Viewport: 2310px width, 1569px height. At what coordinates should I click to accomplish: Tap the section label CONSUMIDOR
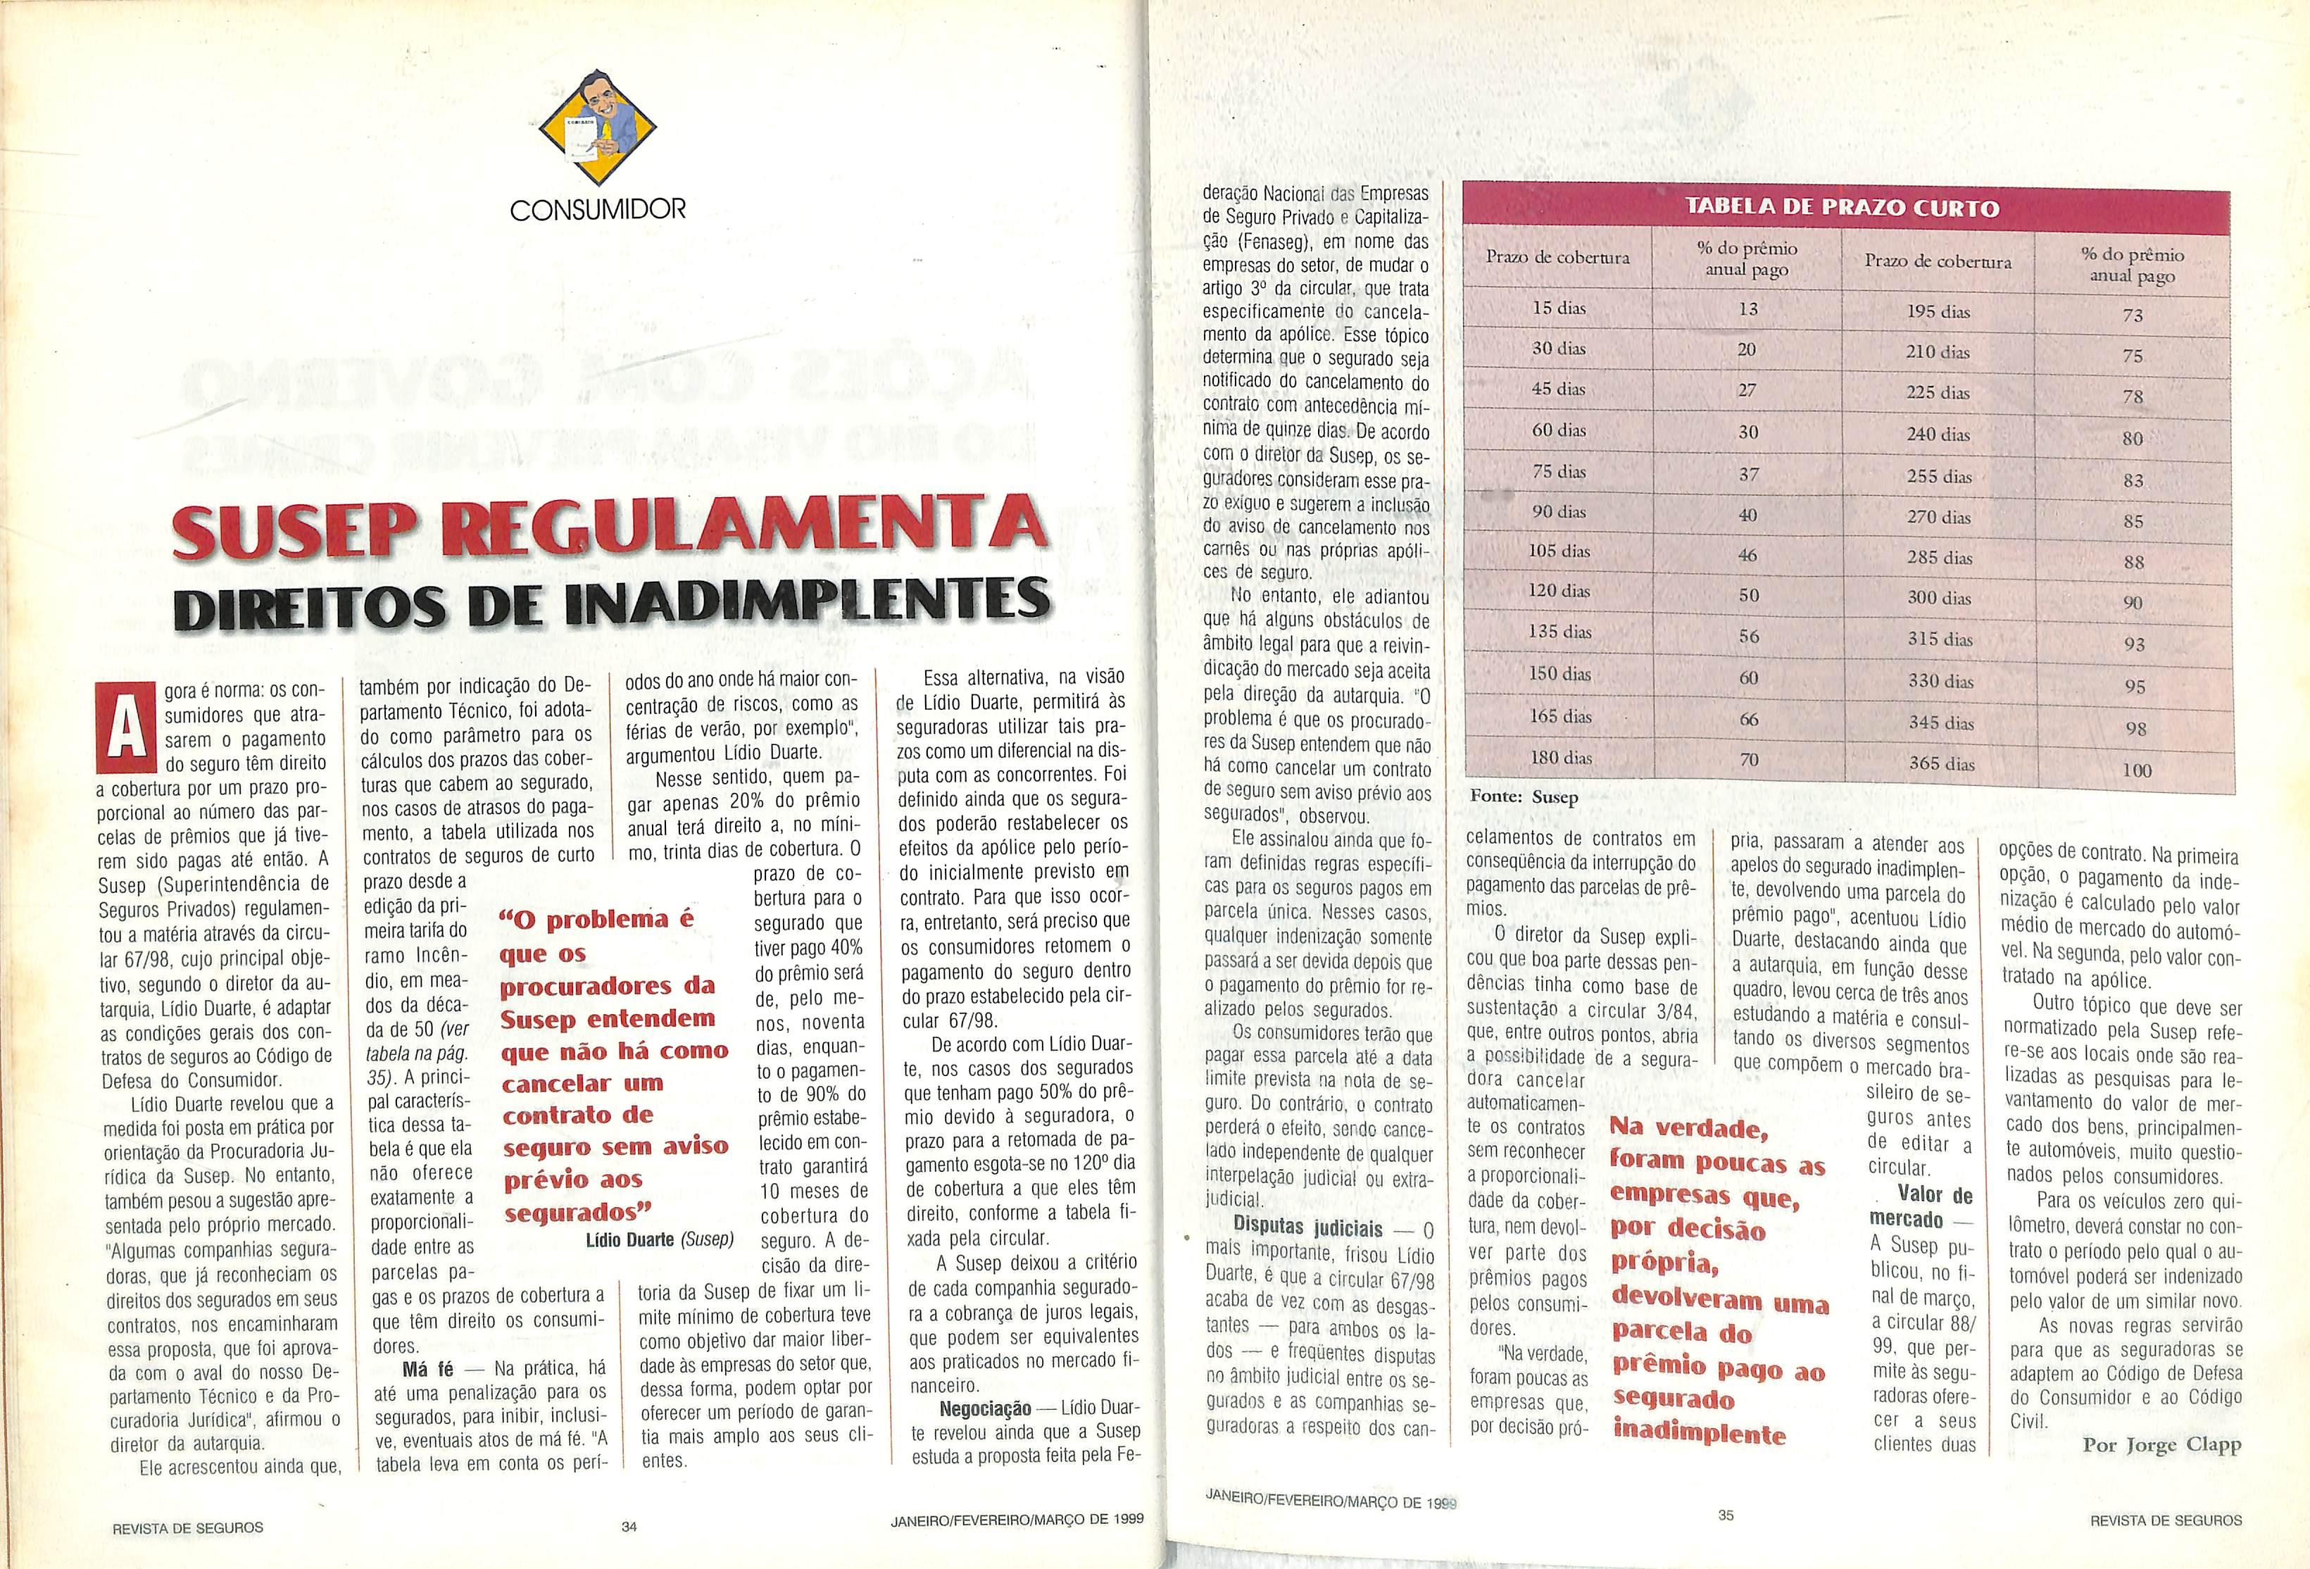597,209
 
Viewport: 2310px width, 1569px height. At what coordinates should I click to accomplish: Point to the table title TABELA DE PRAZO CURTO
1844,208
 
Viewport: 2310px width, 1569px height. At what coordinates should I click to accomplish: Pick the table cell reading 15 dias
1559,308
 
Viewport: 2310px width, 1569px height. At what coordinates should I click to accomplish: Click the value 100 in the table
2135,770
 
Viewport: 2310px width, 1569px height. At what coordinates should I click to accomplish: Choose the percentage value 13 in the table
1747,309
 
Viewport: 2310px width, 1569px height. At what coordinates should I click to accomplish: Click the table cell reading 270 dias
1938,517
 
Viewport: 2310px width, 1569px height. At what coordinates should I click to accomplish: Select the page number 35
1726,1515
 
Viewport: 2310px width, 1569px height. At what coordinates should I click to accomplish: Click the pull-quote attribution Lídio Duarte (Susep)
659,1240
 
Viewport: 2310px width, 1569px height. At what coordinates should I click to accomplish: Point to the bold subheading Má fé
427,1369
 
